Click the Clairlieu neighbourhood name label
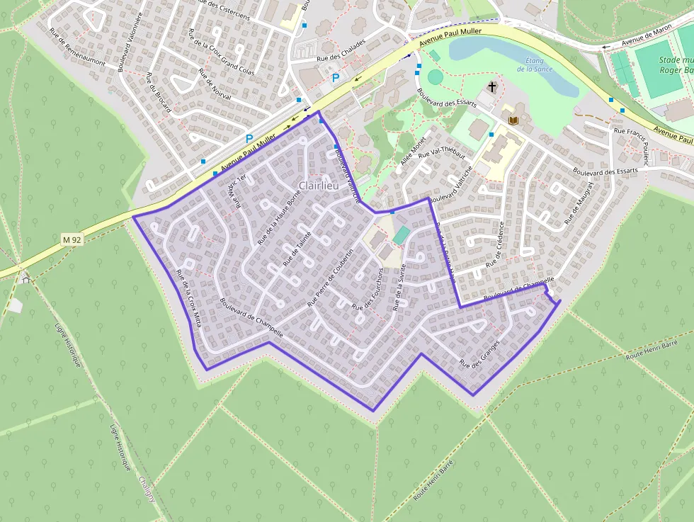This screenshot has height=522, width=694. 318,186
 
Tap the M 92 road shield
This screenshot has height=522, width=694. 72,239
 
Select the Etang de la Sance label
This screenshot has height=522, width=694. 535,64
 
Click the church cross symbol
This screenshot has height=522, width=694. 492,86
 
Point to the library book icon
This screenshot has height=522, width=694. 513,120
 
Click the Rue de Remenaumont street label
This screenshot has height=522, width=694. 77,47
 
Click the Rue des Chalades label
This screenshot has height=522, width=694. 341,50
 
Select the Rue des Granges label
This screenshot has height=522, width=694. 479,353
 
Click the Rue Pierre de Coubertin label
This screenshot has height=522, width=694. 330,278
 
